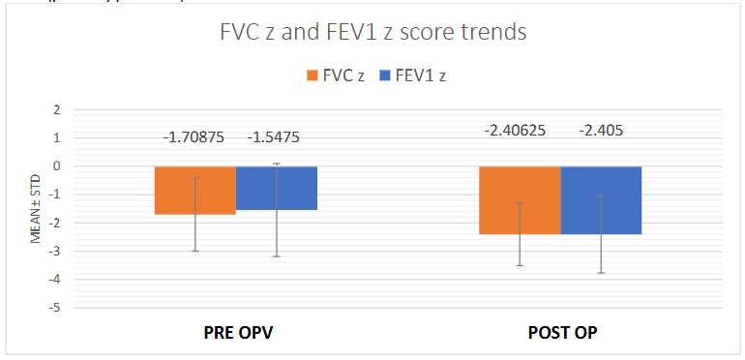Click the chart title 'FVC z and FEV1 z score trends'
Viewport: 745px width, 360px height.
[x=372, y=32]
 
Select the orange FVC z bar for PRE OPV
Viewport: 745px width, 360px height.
[x=195, y=190]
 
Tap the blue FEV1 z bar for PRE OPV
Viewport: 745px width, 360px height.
[x=277, y=188]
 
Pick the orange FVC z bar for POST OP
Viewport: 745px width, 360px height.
[x=521, y=200]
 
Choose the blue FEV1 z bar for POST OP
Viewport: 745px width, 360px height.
[x=602, y=200]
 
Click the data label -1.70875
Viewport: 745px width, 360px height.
[x=194, y=137]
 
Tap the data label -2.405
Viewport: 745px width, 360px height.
[x=602, y=129]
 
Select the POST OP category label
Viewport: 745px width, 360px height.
[x=561, y=332]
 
